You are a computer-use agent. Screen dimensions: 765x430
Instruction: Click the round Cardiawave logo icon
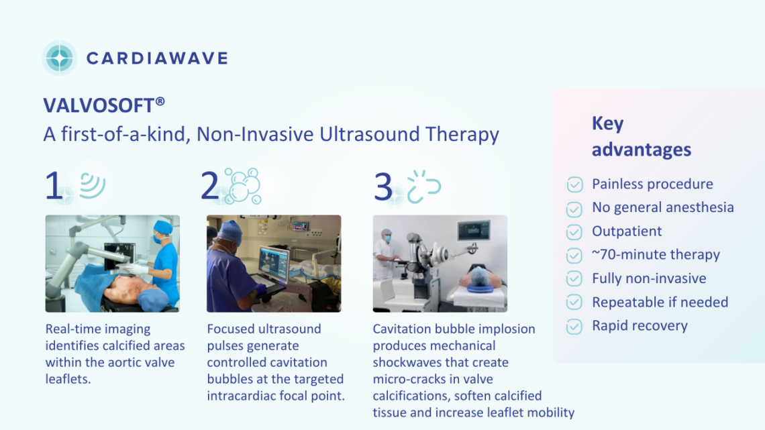60,58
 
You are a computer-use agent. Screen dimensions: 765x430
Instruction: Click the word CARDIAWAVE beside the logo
157,58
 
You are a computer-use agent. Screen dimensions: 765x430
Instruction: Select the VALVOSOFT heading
104,105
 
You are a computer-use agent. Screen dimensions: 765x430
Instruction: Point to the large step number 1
53,186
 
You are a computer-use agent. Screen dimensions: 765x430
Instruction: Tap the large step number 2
210,186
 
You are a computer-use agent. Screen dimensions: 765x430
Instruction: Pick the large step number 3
383,186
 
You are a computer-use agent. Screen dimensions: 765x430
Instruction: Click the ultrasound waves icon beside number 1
93,185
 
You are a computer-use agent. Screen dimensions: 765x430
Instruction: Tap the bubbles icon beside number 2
242,186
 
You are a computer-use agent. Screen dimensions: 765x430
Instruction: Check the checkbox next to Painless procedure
574,184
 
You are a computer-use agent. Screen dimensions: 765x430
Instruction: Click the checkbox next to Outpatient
574,232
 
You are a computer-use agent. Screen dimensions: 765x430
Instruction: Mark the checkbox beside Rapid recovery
574,327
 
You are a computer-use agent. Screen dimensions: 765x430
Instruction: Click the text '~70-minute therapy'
656,254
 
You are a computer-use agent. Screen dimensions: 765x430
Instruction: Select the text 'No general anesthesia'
662,207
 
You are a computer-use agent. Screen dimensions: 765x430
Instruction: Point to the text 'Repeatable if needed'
660,303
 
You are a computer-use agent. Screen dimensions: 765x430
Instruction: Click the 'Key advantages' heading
641,136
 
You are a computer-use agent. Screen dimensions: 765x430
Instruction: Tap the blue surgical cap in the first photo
163,227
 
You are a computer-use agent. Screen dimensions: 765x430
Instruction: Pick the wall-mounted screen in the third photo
474,230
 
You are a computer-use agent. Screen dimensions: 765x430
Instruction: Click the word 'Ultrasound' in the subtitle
369,134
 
